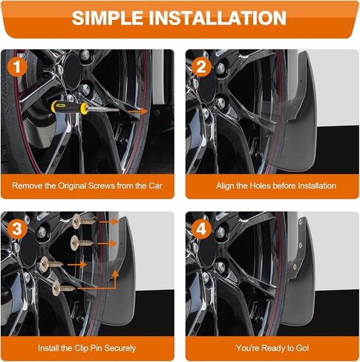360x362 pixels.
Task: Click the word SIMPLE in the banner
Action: point(108,19)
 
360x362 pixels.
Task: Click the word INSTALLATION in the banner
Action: point(217,19)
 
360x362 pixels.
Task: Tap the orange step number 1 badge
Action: point(17,67)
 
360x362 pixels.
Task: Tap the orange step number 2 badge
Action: point(201,67)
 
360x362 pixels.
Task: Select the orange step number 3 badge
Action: point(17,228)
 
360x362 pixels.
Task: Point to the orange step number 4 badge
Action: point(201,228)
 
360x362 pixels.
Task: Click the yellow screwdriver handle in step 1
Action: point(70,108)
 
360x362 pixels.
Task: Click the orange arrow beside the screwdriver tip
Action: point(137,111)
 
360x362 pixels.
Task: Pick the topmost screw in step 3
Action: point(84,221)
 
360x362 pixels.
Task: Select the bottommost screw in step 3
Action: point(63,288)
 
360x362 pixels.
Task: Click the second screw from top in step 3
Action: point(82,243)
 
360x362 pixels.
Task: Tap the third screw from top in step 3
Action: point(51,264)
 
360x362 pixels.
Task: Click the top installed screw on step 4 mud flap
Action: point(301,222)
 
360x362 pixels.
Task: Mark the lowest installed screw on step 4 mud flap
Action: point(295,267)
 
